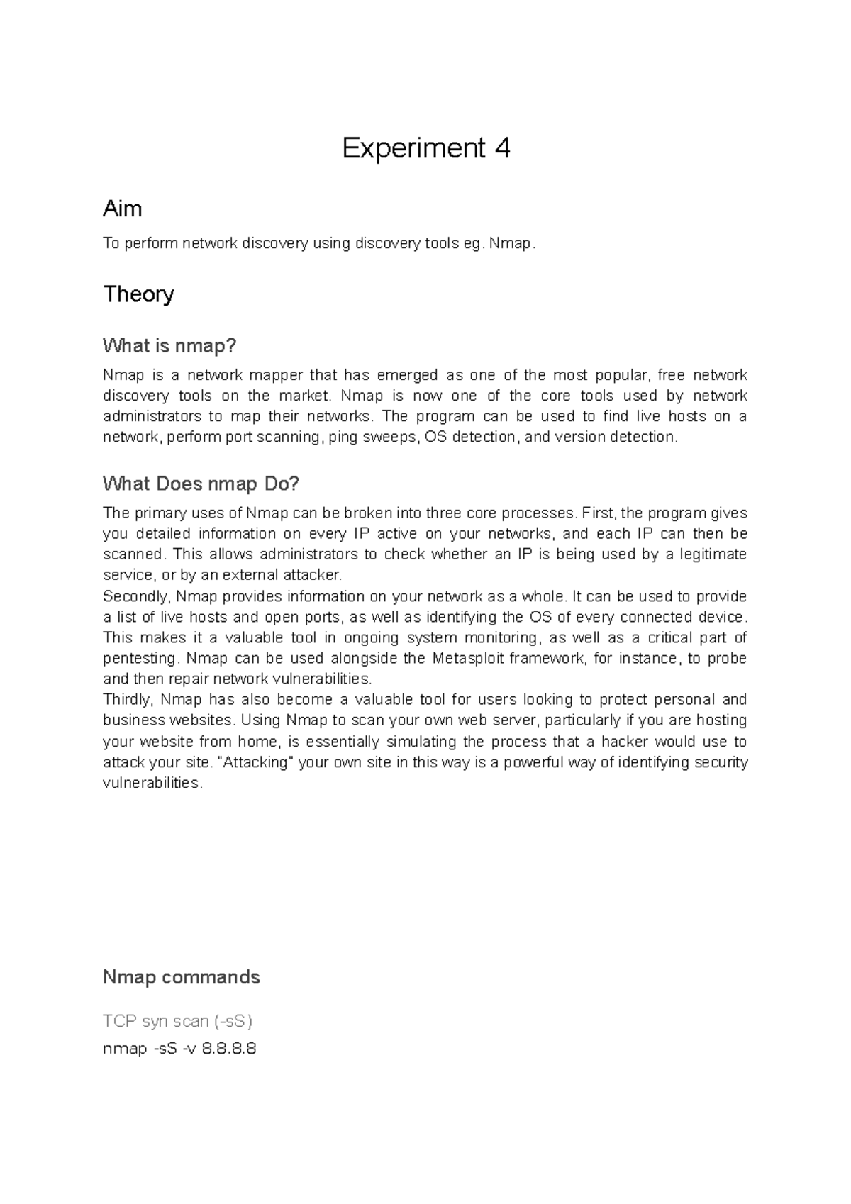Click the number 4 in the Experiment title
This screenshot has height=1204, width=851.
click(x=502, y=148)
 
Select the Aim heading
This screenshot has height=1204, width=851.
click(x=122, y=208)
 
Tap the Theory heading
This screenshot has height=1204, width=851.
click(x=138, y=294)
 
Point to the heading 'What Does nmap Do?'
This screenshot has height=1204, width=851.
click(x=201, y=484)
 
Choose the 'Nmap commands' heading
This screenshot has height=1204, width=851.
click(x=181, y=977)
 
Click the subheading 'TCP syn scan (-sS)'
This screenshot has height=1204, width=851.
click(x=177, y=1021)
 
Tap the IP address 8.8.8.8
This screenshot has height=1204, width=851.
click(x=228, y=1048)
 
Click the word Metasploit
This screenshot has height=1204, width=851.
click(x=468, y=658)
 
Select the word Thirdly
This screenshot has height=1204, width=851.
click(x=127, y=700)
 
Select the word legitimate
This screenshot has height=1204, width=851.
click(x=713, y=554)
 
